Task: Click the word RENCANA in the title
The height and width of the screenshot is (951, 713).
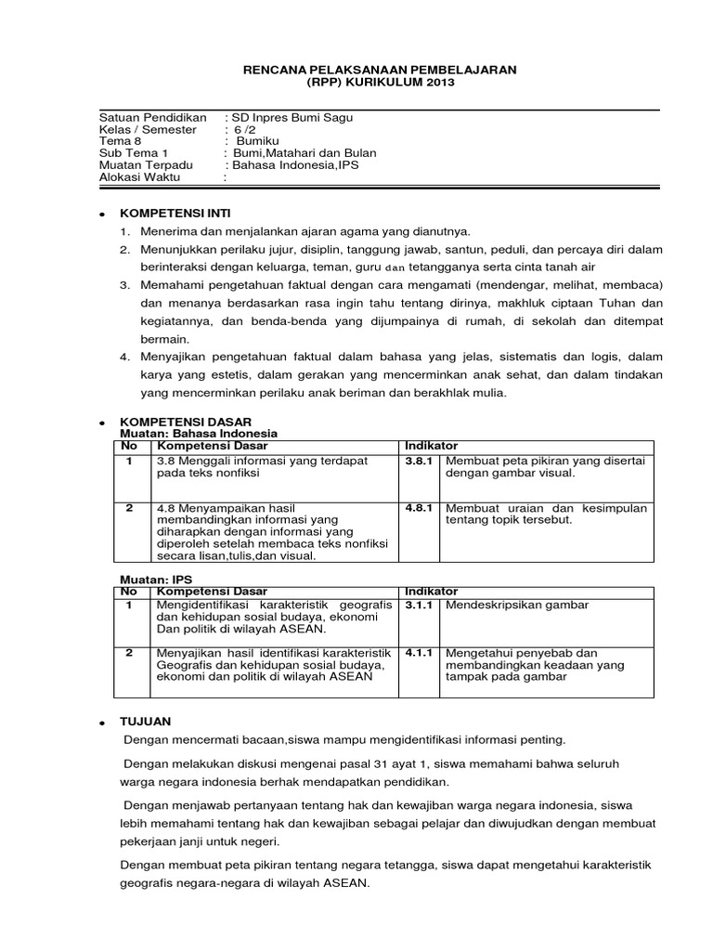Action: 271,70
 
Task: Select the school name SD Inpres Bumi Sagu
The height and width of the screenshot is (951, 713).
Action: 292,118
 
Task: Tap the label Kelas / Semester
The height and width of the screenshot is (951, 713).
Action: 148,130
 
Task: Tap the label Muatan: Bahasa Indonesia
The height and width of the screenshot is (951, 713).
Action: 200,434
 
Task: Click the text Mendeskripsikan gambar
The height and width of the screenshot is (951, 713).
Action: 517,605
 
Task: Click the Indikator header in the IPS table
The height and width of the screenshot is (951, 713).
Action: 431,591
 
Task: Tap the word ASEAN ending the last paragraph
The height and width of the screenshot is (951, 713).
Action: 344,884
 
